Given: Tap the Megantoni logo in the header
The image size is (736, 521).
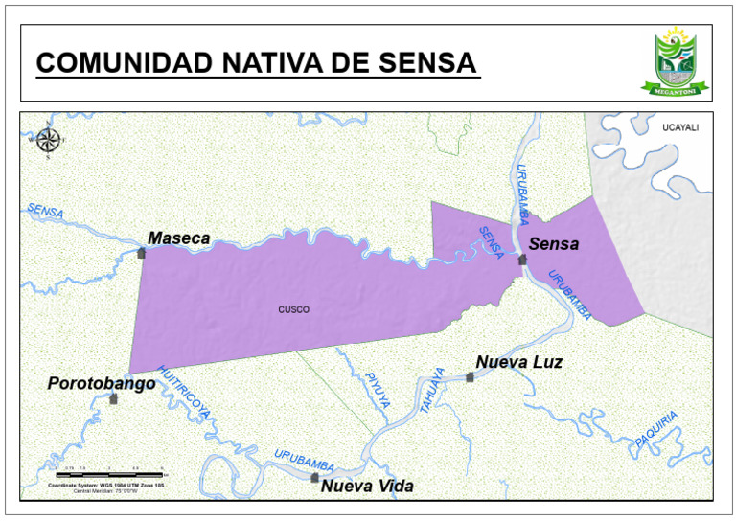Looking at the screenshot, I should click(x=678, y=61).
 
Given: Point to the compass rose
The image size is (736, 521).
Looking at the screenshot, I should click(x=48, y=140).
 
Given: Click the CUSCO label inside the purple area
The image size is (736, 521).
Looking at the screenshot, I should click(x=294, y=309).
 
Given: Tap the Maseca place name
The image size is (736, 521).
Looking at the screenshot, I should click(x=178, y=238).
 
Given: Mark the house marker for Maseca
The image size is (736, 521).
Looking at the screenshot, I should click(x=142, y=253).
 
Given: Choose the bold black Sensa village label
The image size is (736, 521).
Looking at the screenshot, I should click(x=554, y=244).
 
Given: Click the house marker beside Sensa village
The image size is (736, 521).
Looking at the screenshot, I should click(x=522, y=260).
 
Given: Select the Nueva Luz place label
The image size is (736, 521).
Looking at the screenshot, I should click(x=518, y=362).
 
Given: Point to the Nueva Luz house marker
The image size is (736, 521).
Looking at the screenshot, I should click(x=470, y=377).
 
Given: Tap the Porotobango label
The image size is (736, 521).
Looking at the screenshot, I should click(x=102, y=383).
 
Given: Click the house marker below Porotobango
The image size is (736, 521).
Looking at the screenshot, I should click(x=113, y=398).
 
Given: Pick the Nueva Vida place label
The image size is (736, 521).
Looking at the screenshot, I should click(x=367, y=487).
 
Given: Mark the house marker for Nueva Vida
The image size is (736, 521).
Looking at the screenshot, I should click(x=314, y=477).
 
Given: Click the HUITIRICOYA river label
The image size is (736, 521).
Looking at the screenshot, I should click(x=183, y=393).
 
